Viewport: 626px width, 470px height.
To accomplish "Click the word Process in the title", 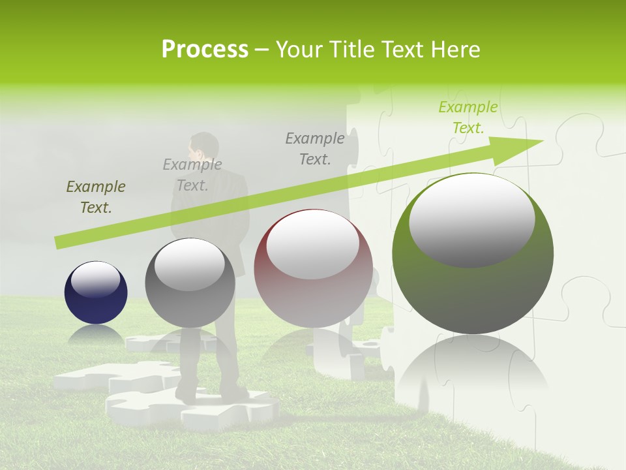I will point(205,50).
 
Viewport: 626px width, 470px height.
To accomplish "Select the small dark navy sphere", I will point(96,292).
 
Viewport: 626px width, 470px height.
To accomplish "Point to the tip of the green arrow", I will point(543,141).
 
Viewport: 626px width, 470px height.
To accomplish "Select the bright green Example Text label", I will point(468,117).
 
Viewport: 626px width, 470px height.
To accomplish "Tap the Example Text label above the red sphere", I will point(315,148).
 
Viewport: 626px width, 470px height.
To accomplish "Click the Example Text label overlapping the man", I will point(192,175).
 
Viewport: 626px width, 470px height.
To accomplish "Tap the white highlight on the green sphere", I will point(471,221).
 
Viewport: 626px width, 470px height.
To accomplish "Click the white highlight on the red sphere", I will point(313,243).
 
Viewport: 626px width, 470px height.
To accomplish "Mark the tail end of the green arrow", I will point(59,243).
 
